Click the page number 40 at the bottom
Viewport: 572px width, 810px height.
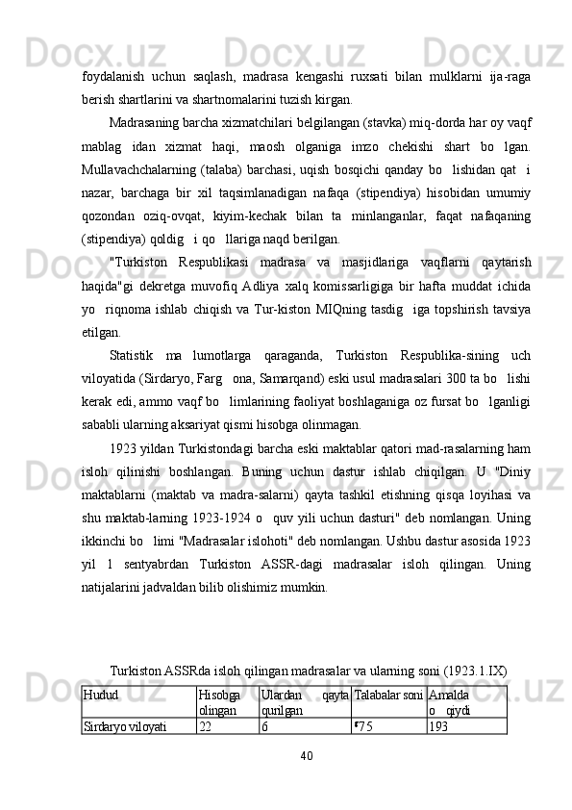pos(308,755)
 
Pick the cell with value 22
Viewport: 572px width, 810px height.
pos(206,726)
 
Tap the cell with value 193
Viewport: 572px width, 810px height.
pos(439,726)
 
